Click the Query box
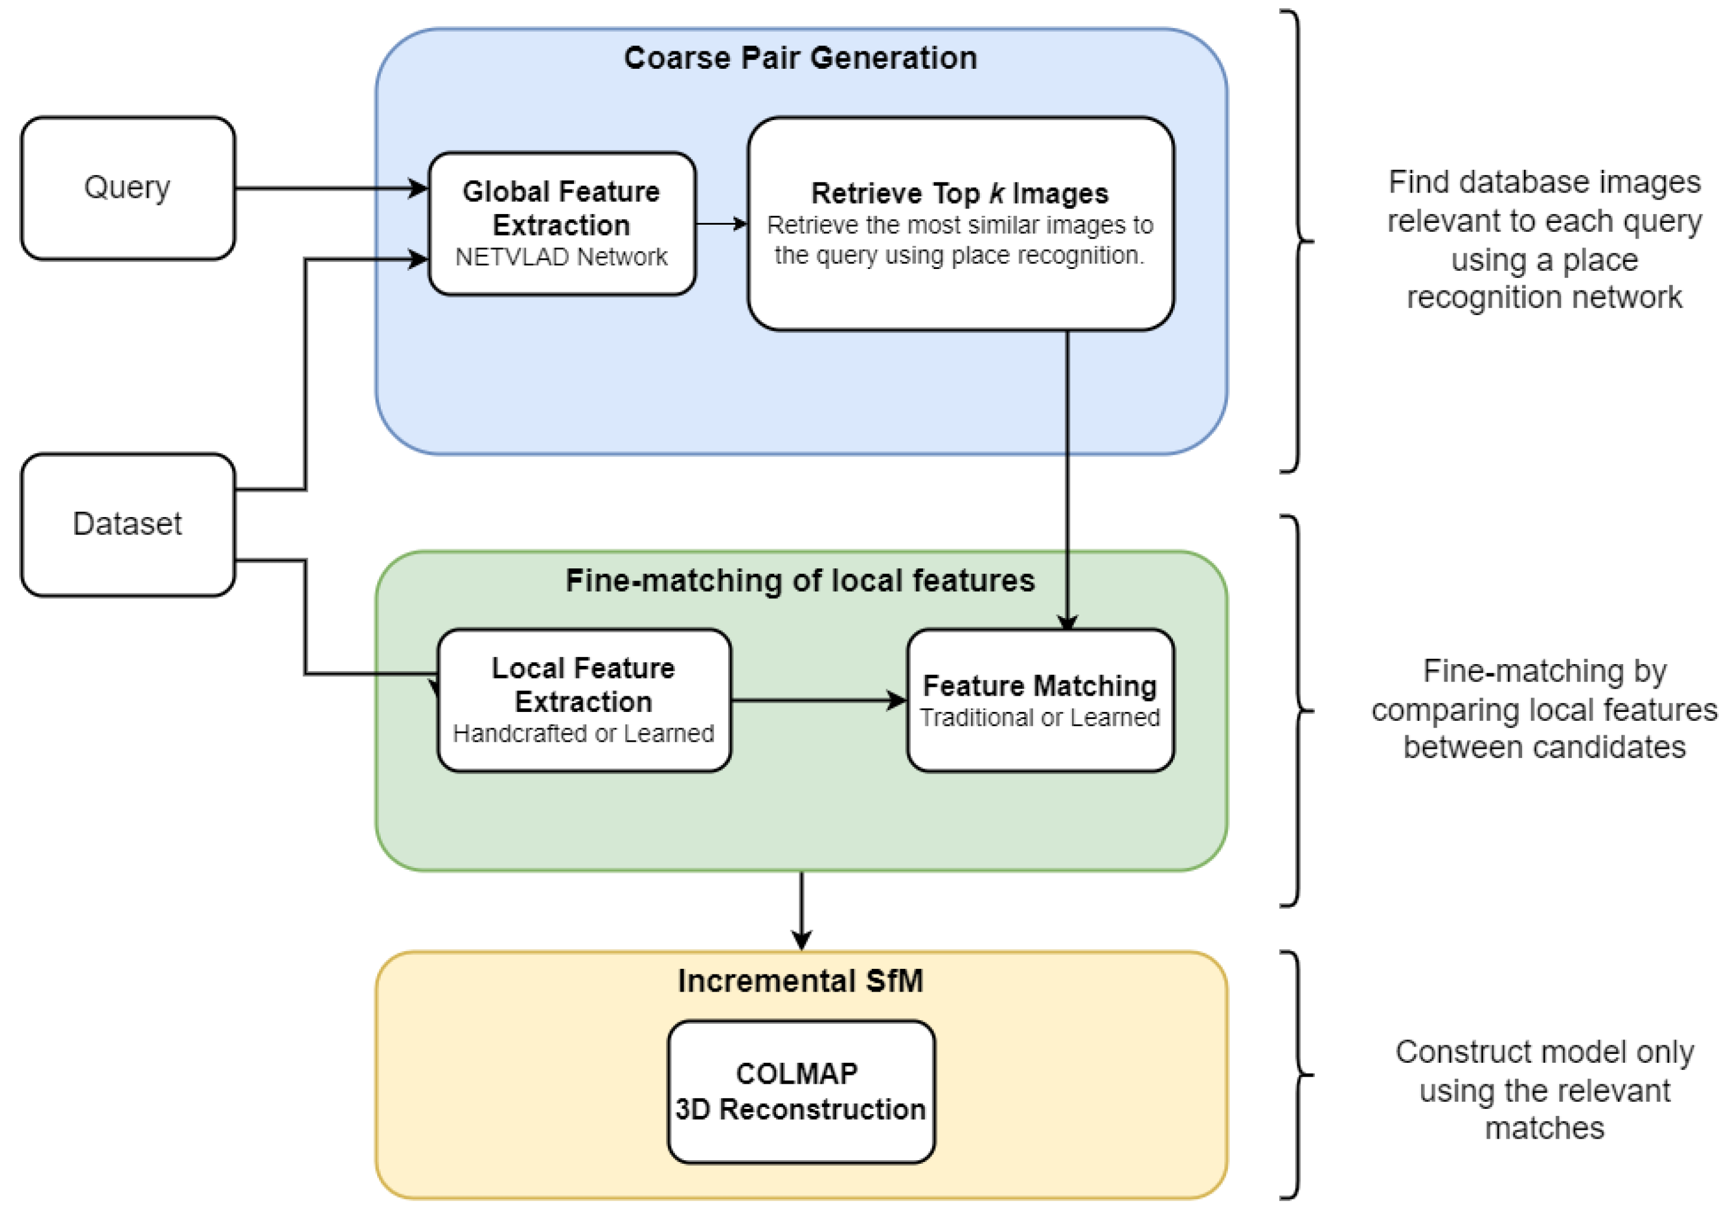coord(127,188)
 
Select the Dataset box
coord(127,524)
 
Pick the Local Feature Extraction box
coord(584,701)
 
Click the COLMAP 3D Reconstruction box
coord(801,1091)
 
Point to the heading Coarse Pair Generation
coord(801,58)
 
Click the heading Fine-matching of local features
coord(801,580)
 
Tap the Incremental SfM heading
coord(801,980)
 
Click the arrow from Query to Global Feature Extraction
coord(331,188)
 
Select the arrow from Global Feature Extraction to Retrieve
coord(720,224)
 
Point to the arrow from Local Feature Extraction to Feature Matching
coord(818,701)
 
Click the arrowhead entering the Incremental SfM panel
coord(801,940)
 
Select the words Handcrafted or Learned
coord(584,733)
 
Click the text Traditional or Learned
coord(1040,718)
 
